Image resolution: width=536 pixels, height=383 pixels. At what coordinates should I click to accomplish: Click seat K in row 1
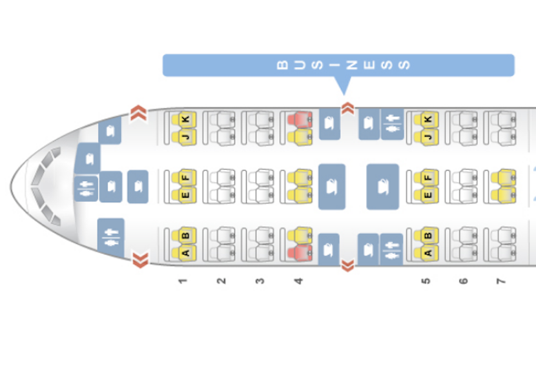(185, 119)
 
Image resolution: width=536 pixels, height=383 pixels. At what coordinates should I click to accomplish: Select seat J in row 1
(185, 136)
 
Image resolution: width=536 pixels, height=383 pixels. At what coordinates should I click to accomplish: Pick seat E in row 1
(185, 194)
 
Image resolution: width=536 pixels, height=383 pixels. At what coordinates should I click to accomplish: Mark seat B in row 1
(185, 236)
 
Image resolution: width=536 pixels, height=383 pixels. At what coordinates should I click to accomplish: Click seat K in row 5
(427, 119)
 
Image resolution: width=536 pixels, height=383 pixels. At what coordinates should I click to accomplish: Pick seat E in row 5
(427, 194)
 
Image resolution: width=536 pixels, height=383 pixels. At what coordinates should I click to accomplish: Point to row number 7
(500, 281)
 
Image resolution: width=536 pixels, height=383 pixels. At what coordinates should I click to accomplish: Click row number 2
(221, 281)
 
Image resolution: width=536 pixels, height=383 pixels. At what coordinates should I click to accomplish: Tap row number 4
(298, 281)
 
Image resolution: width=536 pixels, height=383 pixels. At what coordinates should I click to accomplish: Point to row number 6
(463, 281)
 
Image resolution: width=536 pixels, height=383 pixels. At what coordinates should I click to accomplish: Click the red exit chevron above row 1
(139, 114)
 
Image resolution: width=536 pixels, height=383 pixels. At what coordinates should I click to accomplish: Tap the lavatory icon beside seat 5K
(391, 124)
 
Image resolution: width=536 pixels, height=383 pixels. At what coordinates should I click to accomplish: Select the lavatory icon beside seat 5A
(391, 249)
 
